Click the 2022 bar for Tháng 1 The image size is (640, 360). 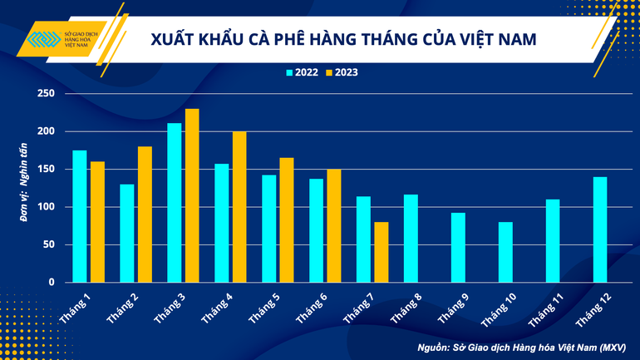click(x=80, y=216)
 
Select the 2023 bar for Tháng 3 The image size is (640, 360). click(x=192, y=195)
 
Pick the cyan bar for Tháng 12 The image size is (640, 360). click(x=600, y=229)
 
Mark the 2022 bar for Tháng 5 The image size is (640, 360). click(x=268, y=229)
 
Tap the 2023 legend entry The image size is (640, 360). click(x=342, y=72)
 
